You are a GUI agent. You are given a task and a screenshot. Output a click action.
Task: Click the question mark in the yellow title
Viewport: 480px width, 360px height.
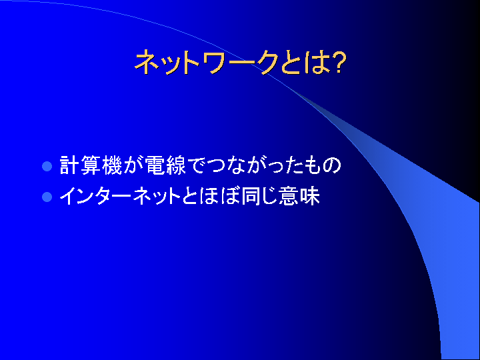click(338, 63)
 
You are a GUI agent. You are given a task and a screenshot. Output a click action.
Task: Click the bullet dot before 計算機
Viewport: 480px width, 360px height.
click(47, 166)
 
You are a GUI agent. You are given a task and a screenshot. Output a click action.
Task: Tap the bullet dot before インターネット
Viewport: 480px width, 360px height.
click(47, 197)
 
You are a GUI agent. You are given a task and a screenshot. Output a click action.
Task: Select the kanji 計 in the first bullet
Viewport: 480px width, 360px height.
click(69, 165)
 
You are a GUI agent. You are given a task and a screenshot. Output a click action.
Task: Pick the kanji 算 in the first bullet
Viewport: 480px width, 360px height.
click(91, 165)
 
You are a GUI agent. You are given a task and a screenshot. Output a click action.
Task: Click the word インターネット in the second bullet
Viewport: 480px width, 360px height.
click(120, 196)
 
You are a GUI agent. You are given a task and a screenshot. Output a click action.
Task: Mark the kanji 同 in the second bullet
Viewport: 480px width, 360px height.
click(251, 196)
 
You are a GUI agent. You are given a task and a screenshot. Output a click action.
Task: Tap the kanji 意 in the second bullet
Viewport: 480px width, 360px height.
click(289, 196)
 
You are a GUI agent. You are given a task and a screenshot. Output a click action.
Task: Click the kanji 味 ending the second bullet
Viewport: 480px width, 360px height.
click(310, 196)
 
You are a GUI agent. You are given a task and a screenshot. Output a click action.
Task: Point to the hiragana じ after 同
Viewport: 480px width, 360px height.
click(269, 196)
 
